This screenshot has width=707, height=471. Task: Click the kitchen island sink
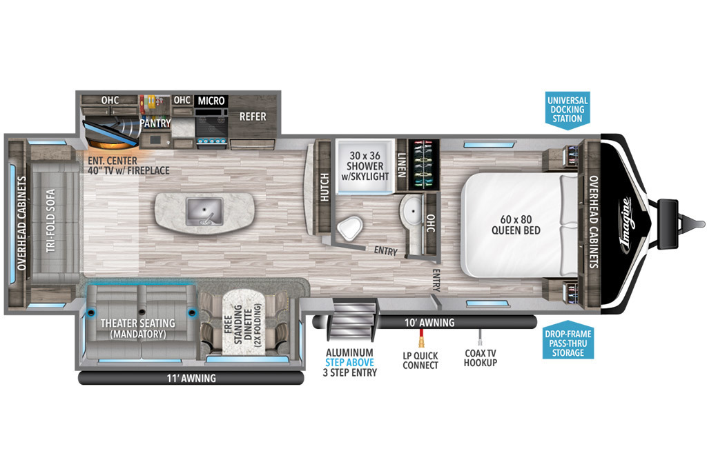tap(204, 212)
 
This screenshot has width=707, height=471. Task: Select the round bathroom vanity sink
tap(411, 210)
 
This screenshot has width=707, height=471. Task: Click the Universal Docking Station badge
tap(568, 110)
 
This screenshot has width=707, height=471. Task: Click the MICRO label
tap(211, 101)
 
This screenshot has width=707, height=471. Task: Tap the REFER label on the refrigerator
tap(253, 117)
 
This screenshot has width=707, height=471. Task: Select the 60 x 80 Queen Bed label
tap(516, 225)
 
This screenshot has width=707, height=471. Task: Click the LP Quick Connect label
tap(420, 360)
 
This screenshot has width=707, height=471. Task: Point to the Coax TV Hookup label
tap(481, 358)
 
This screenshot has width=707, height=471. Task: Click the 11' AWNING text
tap(191, 378)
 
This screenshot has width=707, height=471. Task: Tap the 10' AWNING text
tap(429, 323)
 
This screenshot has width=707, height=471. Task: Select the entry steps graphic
tap(353, 321)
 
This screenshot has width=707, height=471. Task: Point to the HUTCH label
tap(325, 187)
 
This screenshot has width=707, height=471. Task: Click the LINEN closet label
tap(402, 165)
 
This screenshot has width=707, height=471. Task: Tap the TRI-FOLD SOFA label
tap(51, 220)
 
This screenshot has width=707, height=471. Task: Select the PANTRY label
tap(155, 123)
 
